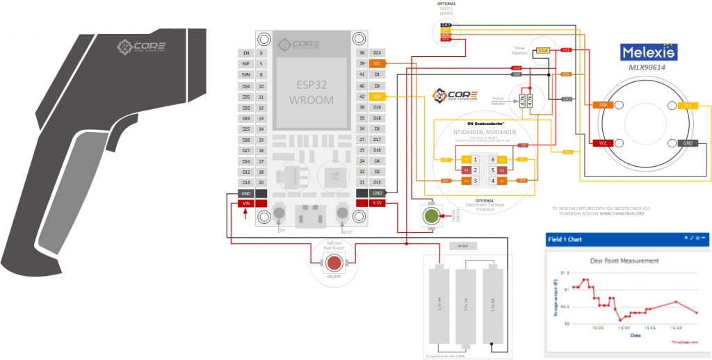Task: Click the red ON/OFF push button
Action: tap(334, 263)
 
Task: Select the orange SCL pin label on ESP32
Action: tap(377, 63)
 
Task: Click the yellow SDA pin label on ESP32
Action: tap(377, 97)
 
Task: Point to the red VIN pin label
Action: tap(245, 203)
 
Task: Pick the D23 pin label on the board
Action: tap(377, 53)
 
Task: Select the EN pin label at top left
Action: tap(245, 53)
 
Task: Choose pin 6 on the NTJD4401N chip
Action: tap(492, 160)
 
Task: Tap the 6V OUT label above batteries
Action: tap(463, 246)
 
